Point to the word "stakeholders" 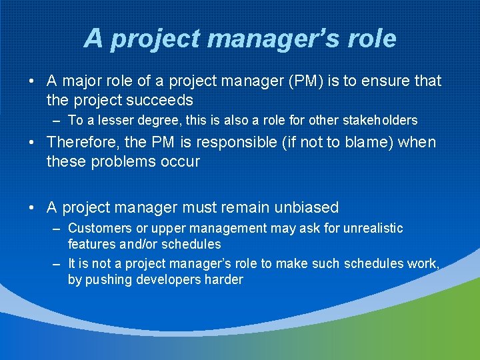379,121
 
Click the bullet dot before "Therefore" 32,142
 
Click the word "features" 91,245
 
